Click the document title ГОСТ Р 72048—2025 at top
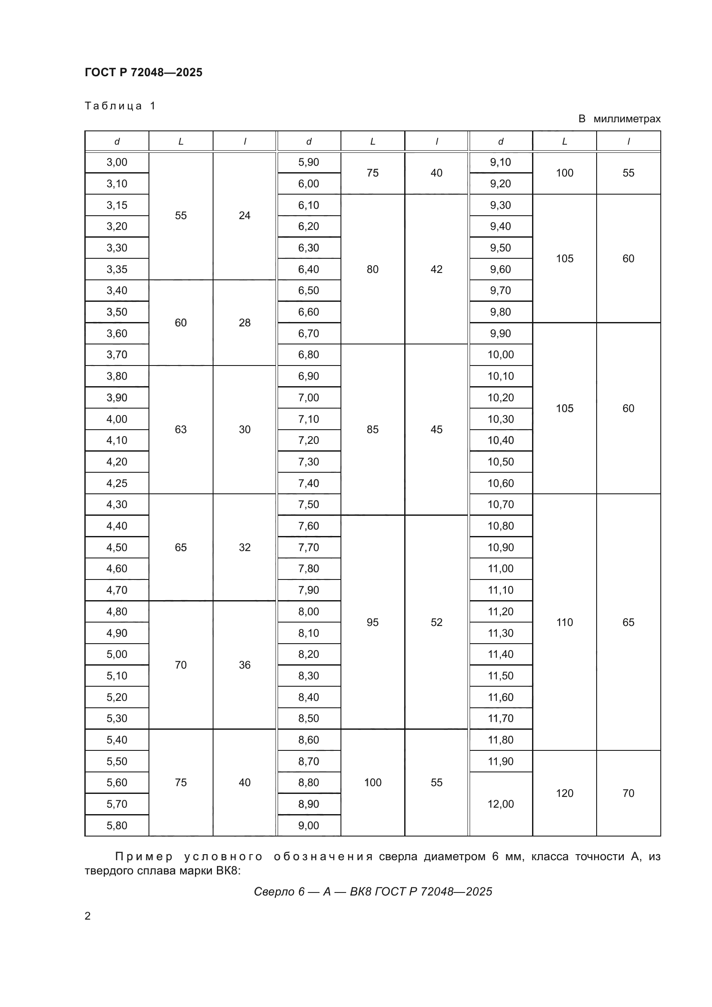tap(143, 72)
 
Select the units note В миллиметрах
tap(619, 119)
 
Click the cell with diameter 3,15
tap(117, 205)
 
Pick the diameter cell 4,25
tap(117, 483)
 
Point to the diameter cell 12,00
tap(500, 804)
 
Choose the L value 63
tap(181, 429)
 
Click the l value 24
tap(244, 215)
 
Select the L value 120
tap(564, 793)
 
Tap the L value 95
tap(372, 622)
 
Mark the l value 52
tap(436, 622)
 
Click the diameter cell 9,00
tap(309, 825)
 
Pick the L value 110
tap(564, 622)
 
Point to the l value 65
tap(628, 622)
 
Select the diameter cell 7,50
tap(309, 505)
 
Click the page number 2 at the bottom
tap(88, 916)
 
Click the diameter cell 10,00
tap(500, 354)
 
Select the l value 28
tap(244, 322)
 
